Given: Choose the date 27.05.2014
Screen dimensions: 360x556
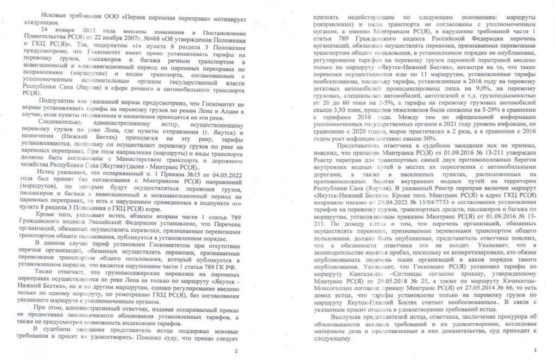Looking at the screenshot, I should [475, 287].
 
